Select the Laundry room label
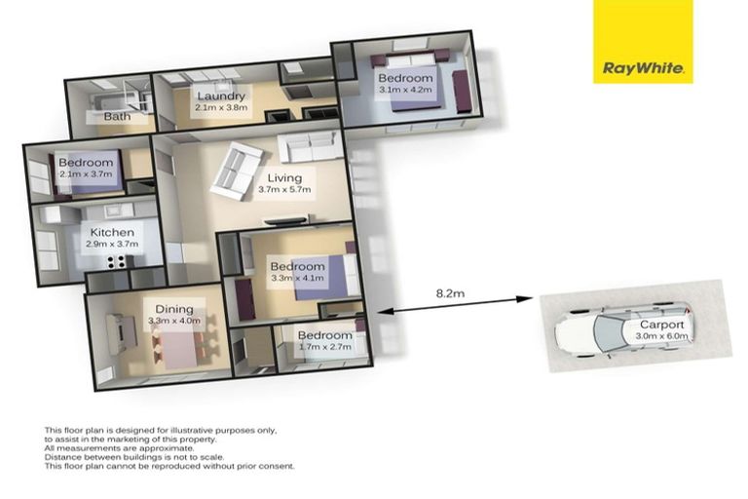coord(220,96)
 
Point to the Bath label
coord(117,117)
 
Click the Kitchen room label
coord(112,233)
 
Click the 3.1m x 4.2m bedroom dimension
coord(405,90)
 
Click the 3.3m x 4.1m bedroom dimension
coord(297,279)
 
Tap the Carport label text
coord(662,325)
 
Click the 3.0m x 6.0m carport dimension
coord(662,337)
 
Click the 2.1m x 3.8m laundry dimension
coord(221,108)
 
